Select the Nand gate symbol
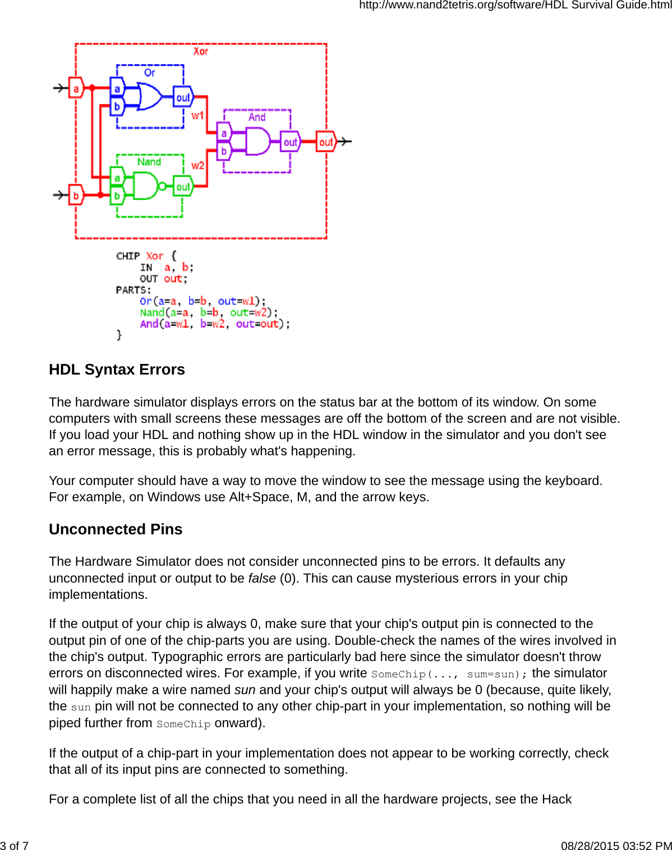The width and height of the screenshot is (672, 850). [145, 186]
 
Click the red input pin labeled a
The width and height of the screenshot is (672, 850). [76, 88]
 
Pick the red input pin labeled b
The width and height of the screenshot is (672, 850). [76, 195]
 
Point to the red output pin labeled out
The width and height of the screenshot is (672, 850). [325, 142]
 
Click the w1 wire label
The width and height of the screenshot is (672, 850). [197, 116]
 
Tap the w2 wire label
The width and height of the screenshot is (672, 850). [197, 165]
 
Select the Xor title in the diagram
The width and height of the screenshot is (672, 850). [201, 52]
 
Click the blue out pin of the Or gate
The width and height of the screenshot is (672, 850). [183, 98]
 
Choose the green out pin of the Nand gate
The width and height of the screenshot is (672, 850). [183, 187]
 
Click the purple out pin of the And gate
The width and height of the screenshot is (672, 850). [290, 142]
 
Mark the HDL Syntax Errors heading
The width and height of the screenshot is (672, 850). [117, 369]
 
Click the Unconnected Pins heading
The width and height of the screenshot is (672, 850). [116, 529]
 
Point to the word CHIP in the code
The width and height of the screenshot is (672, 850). [128, 256]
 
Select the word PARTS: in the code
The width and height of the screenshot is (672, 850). [134, 290]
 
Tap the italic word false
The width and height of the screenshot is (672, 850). [262, 578]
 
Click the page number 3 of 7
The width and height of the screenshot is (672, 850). [15, 846]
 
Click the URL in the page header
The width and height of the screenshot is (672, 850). [515, 5]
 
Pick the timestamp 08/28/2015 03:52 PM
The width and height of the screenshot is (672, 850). [616, 846]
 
